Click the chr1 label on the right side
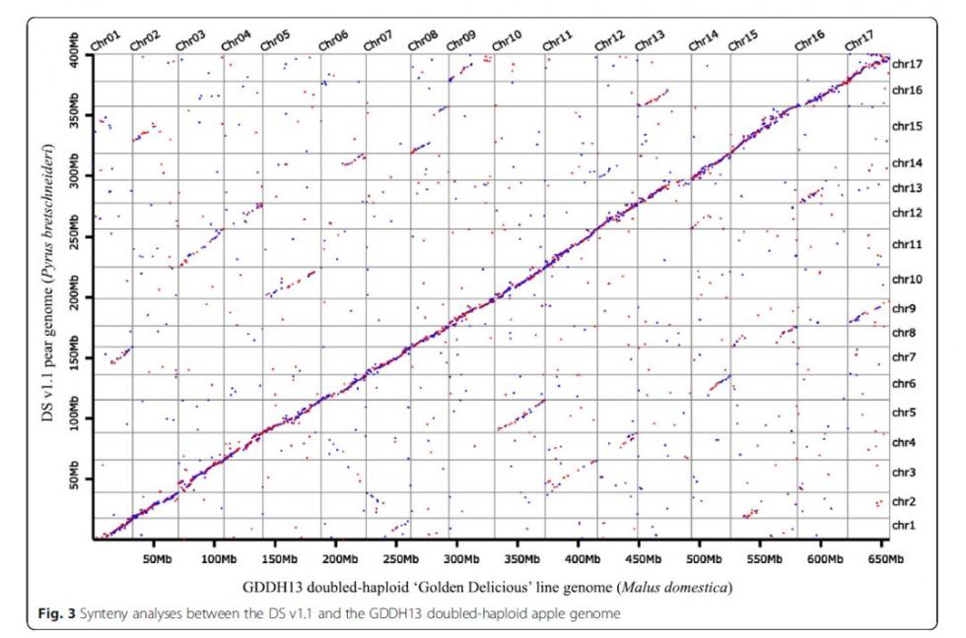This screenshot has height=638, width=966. pyautogui.click(x=905, y=526)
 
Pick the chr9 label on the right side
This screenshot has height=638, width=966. pyautogui.click(x=905, y=308)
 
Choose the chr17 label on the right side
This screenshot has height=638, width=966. pyautogui.click(x=907, y=64)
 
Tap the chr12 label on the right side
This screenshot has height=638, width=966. pyautogui.click(x=907, y=213)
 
